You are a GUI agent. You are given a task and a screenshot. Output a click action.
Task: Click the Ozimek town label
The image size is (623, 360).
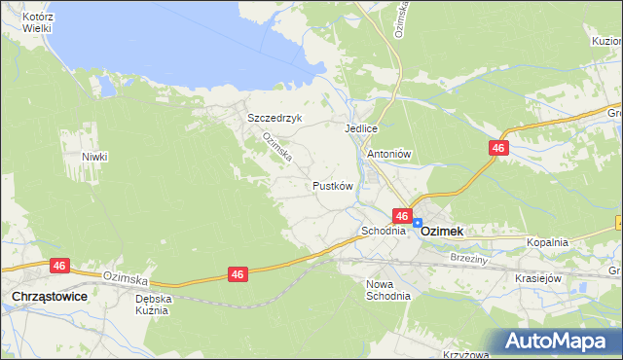(442, 232)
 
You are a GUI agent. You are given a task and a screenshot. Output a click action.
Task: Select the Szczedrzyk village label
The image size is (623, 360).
(275, 118)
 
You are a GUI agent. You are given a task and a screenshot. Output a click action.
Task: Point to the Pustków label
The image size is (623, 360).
(332, 185)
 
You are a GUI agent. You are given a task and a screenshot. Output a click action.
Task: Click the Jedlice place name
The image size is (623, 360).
(360, 128)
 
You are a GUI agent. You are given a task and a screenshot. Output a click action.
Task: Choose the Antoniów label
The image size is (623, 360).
(389, 154)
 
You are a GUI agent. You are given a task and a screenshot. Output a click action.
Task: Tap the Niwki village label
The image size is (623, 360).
(94, 157)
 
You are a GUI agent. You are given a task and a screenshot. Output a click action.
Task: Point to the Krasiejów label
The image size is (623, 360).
(539, 277)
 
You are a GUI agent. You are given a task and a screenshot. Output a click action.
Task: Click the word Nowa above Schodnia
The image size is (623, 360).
(379, 283)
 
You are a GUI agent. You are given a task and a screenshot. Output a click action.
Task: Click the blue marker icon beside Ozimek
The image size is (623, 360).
(417, 223)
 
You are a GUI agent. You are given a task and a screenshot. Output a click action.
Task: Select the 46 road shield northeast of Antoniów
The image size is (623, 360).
(497, 147)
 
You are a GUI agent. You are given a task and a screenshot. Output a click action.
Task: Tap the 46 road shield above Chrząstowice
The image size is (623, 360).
(59, 265)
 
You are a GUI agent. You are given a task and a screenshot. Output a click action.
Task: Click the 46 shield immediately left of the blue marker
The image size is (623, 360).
(401, 215)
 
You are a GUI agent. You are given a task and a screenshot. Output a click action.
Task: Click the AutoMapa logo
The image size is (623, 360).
(558, 342)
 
